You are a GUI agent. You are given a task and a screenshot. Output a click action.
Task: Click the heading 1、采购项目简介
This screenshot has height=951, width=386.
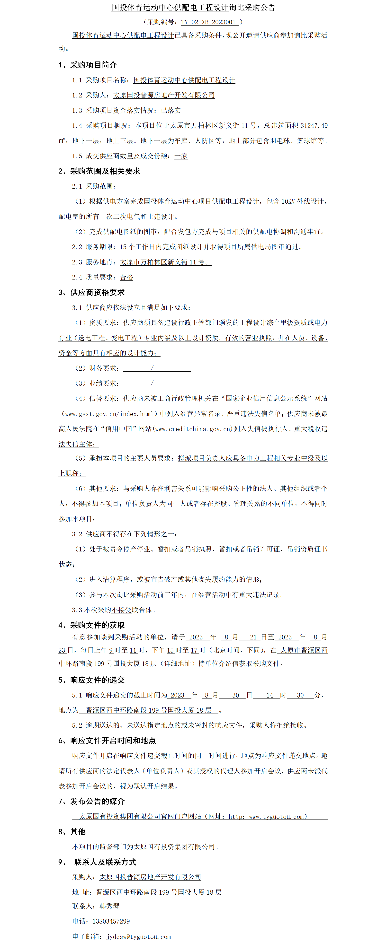[x=88, y=65]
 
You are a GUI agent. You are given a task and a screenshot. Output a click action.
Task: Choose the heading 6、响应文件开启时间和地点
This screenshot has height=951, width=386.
[x=107, y=741]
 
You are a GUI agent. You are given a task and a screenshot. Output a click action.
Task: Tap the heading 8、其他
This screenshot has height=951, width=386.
[x=72, y=832]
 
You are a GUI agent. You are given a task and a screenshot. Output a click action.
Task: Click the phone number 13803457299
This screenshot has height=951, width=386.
[x=111, y=921]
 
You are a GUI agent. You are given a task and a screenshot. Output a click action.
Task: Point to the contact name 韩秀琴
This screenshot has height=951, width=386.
[x=109, y=906]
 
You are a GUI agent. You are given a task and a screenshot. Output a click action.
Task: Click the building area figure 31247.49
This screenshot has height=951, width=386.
[x=314, y=126]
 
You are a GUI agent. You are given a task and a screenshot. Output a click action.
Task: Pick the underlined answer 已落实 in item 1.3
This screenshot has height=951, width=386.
[x=171, y=111]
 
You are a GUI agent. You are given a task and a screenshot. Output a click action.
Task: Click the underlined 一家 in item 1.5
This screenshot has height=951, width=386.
[x=181, y=156]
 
